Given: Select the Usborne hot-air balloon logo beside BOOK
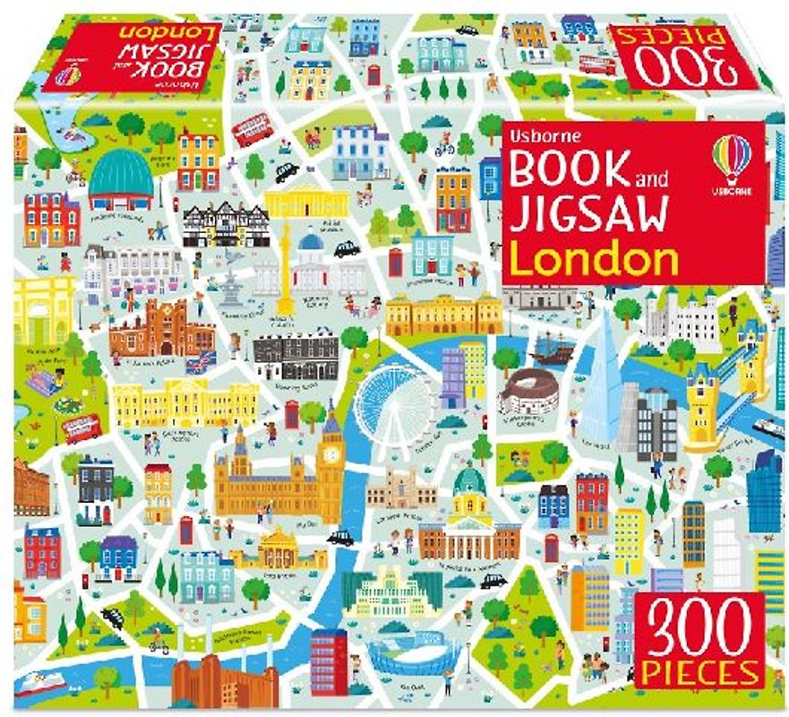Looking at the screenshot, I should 731,158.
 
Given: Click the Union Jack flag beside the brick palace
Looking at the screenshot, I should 200,361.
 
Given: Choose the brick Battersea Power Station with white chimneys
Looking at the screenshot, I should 216,677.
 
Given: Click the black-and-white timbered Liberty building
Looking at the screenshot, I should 226,224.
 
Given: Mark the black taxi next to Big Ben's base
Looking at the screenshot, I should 339,538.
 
